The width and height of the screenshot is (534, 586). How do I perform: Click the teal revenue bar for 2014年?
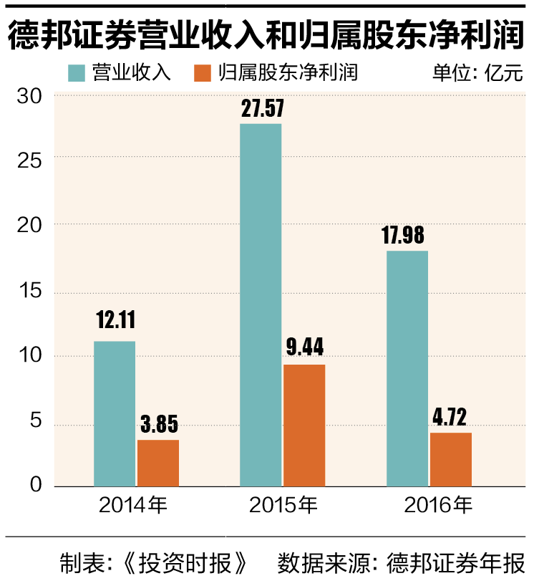115,414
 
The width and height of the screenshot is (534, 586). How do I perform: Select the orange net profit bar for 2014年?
158,463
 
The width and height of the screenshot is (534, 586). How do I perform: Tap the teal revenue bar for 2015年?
261,305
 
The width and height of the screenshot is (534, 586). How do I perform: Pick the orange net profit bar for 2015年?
304,426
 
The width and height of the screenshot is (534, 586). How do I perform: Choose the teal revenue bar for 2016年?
407,369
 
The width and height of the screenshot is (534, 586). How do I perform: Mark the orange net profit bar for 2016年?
451,460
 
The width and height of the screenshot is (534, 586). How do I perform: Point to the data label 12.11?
115,320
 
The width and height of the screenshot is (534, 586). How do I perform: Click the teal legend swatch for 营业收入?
77,73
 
